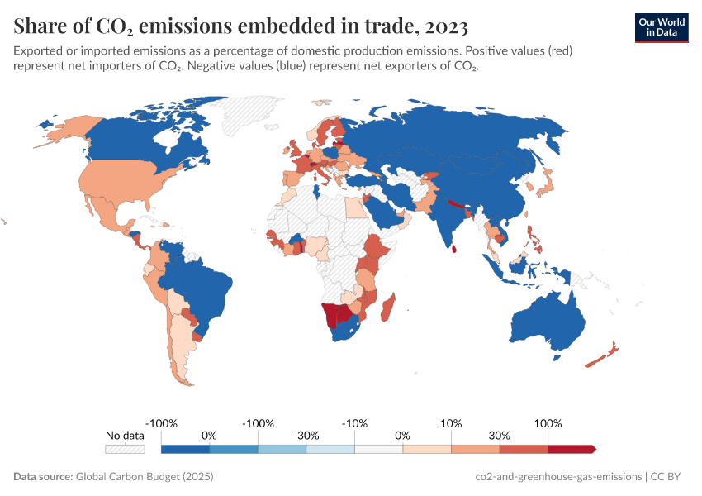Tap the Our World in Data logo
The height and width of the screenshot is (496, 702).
[661, 27]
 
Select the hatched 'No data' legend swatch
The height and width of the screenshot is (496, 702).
[125, 449]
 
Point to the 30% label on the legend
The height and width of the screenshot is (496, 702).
[499, 435]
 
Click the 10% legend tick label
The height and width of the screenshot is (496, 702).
[451, 423]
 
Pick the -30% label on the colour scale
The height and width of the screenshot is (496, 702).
[306, 435]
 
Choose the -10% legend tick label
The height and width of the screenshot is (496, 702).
[354, 423]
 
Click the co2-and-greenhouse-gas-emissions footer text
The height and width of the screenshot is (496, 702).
[559, 477]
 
